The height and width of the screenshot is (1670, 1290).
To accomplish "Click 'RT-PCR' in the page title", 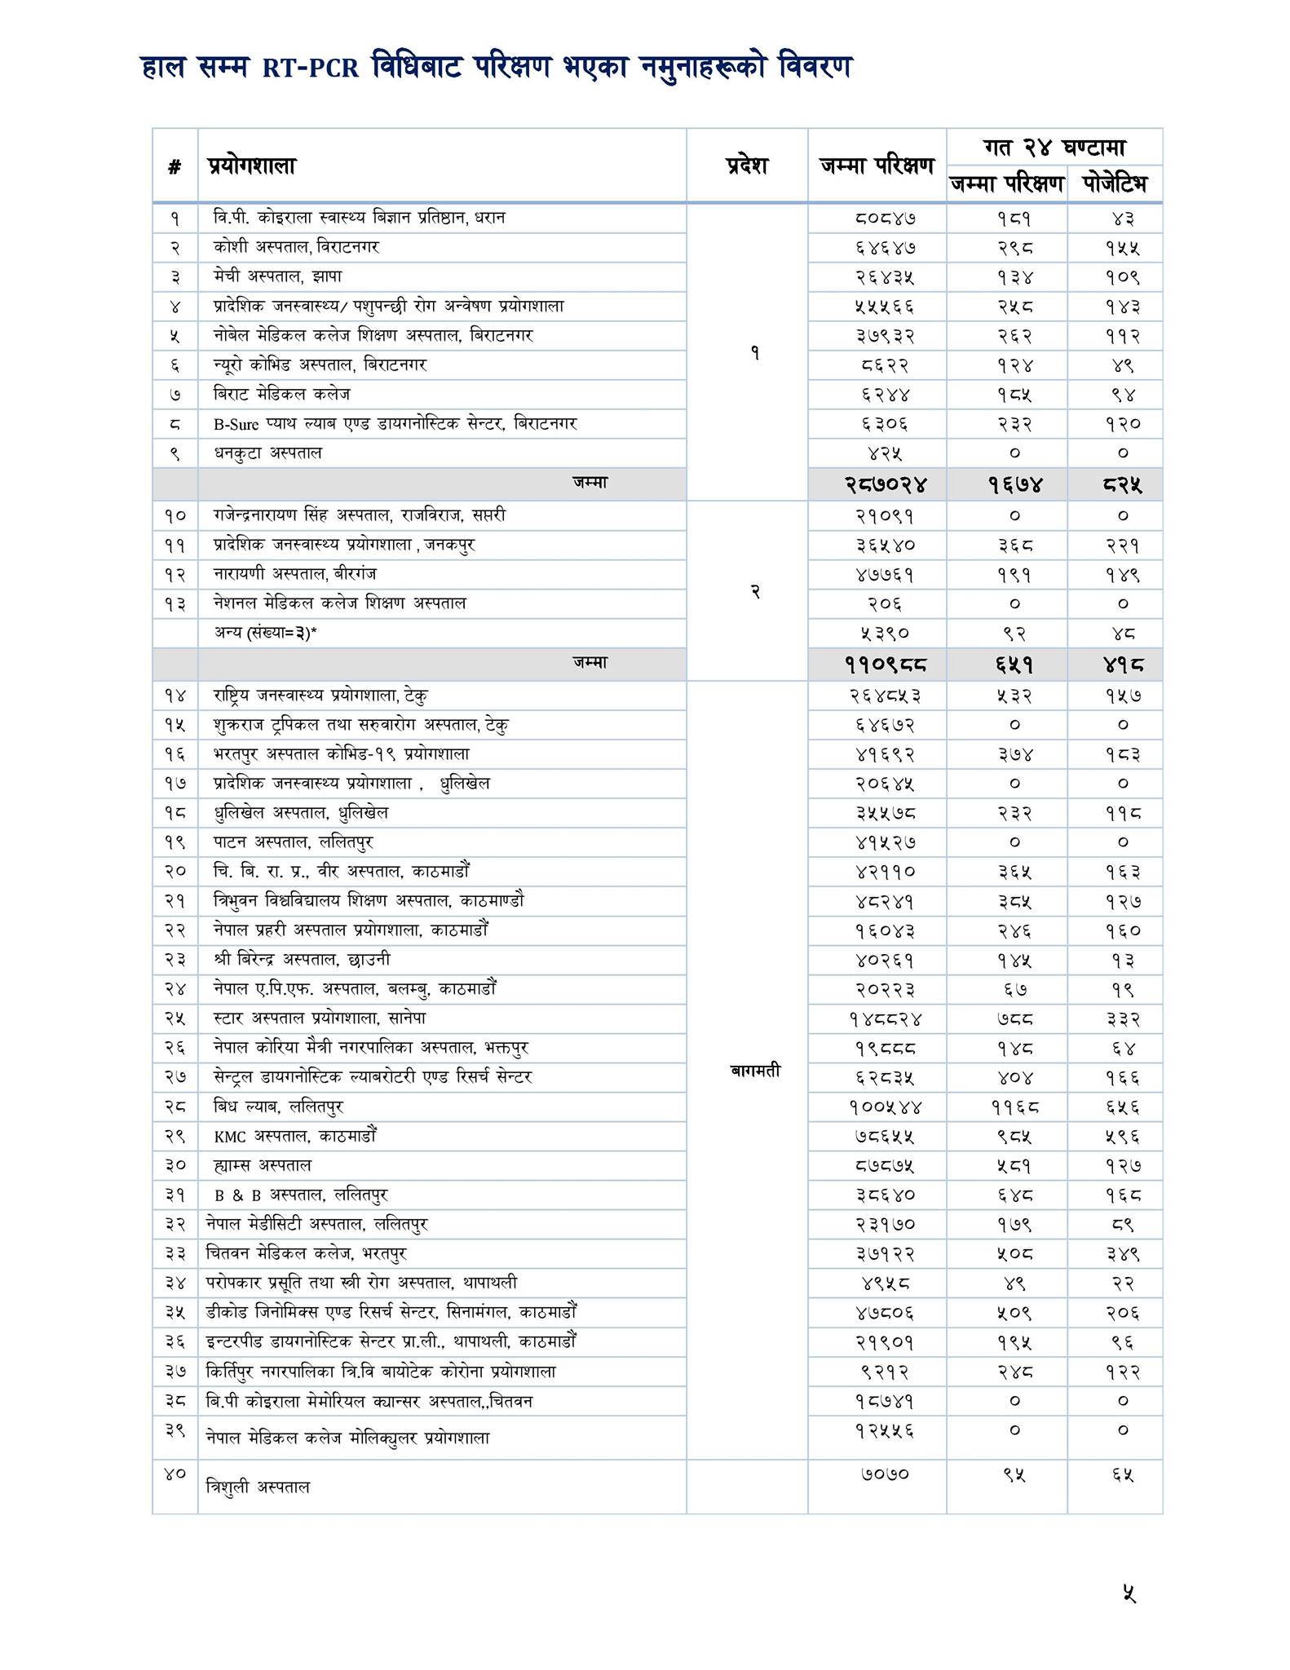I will tap(310, 68).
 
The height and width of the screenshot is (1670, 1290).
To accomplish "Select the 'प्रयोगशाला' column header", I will tap(251, 166).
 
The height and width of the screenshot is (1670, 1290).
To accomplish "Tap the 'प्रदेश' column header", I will tap(746, 166).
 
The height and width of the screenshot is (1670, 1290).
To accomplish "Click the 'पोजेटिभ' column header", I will tap(1115, 184).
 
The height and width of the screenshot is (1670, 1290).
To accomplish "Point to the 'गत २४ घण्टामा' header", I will tap(1054, 148).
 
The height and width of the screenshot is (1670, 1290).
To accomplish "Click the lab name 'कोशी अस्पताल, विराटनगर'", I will tap(296, 247).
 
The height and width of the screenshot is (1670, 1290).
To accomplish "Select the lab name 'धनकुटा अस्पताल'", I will tap(267, 453).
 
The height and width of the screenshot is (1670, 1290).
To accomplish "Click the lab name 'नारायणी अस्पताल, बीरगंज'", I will tap(294, 574).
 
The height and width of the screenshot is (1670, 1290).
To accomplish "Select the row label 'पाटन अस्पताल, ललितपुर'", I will tap(293, 842).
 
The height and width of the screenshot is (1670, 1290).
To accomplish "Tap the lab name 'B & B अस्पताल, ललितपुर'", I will tap(300, 1195).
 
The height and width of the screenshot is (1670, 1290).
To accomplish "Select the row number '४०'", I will tap(175, 1473).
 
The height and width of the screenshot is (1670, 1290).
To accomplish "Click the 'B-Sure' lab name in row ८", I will tap(236, 424).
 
